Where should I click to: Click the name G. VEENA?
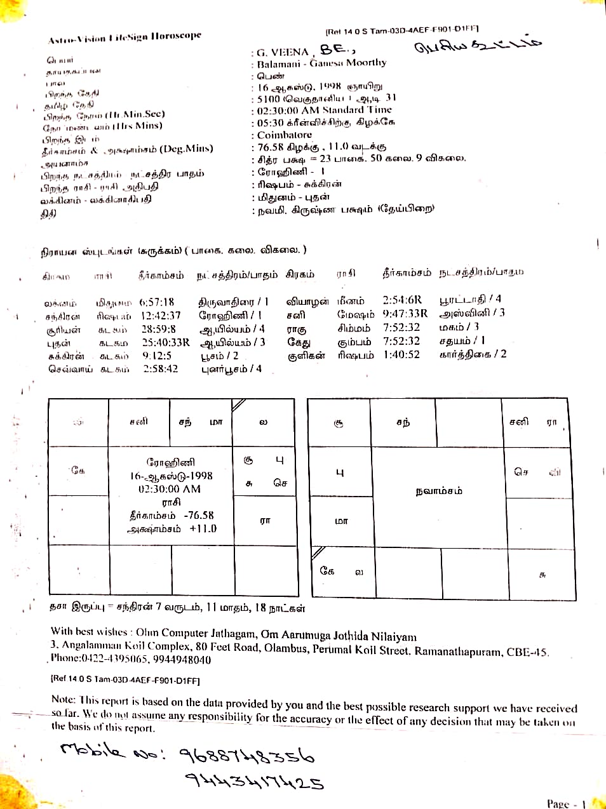coord(283,52)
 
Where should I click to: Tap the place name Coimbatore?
coord(285,135)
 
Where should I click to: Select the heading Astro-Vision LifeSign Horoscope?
coord(125,37)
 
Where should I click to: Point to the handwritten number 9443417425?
coord(254,780)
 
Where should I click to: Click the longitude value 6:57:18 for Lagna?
coord(157,302)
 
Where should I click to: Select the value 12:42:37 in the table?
coord(161,316)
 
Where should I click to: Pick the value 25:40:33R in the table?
coord(166,342)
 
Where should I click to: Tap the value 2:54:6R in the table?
coord(402,300)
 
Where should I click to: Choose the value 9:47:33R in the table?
coord(405,314)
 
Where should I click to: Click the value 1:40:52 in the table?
coord(401,354)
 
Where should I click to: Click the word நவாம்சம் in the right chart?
coord(439,491)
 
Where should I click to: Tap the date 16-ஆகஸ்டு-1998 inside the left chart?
coord(171,476)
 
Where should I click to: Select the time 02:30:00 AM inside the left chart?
coord(170,489)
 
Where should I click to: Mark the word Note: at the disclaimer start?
coord(64,699)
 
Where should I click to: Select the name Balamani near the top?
coord(278,64)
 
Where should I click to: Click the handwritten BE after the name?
coord(335,50)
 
